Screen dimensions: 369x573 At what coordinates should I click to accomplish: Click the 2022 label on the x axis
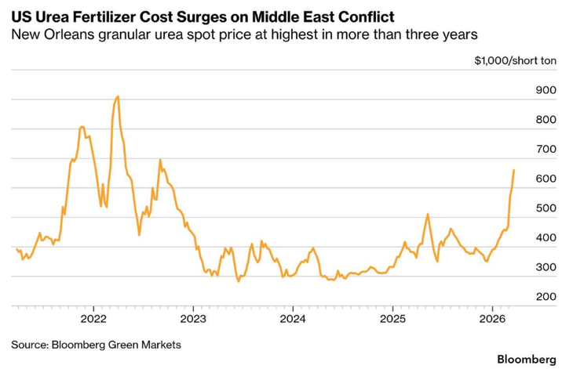pos(93,319)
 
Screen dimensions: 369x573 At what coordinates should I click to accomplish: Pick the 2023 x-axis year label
pos(193,319)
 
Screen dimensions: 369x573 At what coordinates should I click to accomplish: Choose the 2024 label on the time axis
pos(293,319)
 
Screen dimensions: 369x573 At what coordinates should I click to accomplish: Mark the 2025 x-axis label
pos(392,319)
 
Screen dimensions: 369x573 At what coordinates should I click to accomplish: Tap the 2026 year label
pos(491,319)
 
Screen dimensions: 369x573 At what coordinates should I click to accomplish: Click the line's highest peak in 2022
pos(118,96)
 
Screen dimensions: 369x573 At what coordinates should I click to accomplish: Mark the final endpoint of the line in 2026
pos(514,169)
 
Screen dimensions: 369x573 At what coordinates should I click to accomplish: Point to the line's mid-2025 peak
pos(428,214)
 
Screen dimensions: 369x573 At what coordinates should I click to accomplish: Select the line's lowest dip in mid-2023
pos(239,281)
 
